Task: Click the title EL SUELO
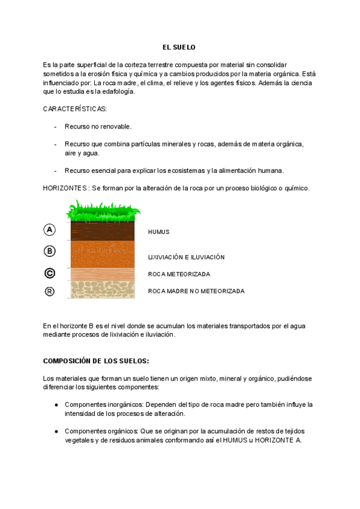click(179, 47)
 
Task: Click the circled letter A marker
click(50, 229)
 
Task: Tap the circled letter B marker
click(50, 251)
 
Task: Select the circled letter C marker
click(50, 273)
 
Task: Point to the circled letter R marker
click(50, 292)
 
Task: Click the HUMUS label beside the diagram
click(159, 232)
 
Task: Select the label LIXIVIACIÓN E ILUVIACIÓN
click(186, 257)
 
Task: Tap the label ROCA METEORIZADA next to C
click(179, 274)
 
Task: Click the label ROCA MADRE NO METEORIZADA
click(196, 291)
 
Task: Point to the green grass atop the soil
click(103, 211)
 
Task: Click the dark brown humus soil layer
click(103, 231)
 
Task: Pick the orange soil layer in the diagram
click(103, 253)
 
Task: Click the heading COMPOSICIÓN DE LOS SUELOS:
click(96, 361)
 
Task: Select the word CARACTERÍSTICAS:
click(75, 109)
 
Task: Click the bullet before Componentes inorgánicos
click(56, 405)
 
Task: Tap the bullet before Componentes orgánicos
click(56, 431)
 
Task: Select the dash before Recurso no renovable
click(56, 127)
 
